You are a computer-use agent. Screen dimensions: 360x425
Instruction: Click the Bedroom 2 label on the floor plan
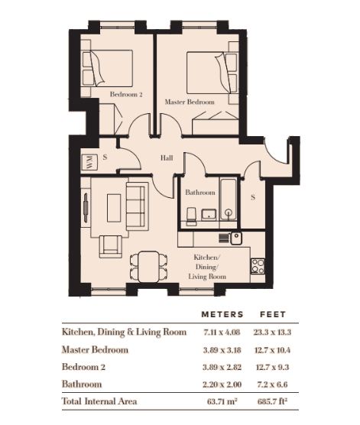coord(126,94)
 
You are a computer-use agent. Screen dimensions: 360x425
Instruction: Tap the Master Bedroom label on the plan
coord(190,102)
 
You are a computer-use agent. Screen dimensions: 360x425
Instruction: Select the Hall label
coord(167,157)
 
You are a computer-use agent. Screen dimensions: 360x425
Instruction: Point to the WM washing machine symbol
coord(89,162)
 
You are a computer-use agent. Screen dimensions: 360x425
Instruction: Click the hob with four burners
coord(258,267)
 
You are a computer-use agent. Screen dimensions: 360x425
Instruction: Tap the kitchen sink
coord(236,238)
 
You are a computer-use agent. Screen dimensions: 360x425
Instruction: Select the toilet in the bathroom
coord(192,216)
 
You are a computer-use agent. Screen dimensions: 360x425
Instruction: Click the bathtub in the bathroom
coord(229,200)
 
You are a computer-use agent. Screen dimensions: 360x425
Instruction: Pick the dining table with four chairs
coord(149,267)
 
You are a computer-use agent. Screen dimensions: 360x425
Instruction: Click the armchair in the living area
coord(111,247)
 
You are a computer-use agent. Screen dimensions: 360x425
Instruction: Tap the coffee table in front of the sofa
coord(114,208)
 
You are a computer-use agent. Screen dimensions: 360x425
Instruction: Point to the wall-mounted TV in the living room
coord(86,208)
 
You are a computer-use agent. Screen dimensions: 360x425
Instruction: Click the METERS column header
coord(222,314)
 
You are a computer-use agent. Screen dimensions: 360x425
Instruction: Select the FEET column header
coord(273,314)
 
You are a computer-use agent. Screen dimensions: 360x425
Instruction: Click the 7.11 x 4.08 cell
coord(222,332)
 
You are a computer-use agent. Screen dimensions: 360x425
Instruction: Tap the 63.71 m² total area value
coord(222,401)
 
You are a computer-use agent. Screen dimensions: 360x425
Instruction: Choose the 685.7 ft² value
coord(272,401)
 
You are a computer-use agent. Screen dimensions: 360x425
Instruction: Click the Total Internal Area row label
coord(99,401)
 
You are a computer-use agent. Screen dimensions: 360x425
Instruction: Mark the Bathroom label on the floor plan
coord(200,193)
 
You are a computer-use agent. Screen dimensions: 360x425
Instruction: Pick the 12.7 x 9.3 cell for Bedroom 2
coord(272,367)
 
